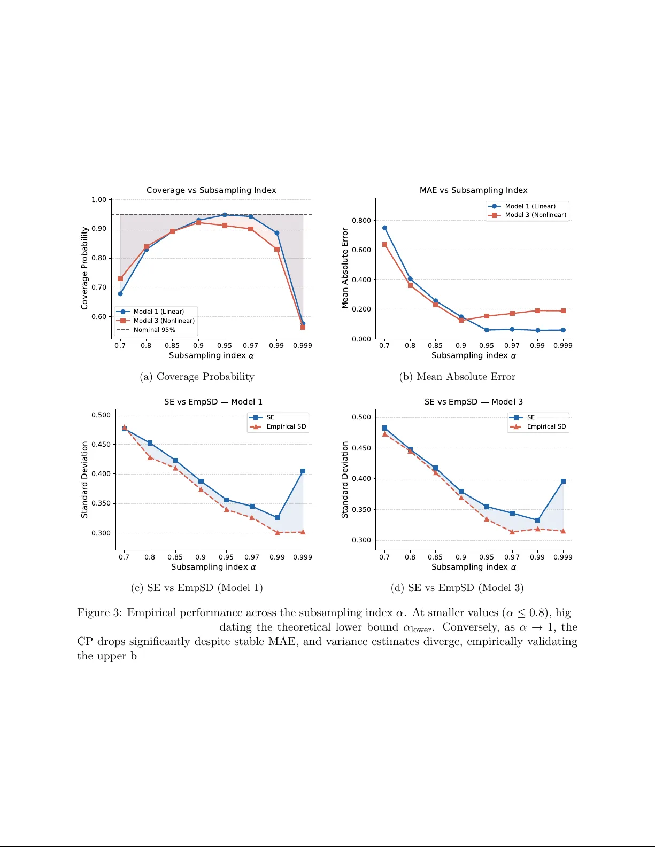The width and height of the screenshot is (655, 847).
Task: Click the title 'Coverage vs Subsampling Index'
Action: click(211, 190)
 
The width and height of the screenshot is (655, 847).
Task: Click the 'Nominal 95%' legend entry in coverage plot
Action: click(154, 330)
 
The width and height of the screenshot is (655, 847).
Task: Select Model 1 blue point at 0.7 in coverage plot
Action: click(120, 293)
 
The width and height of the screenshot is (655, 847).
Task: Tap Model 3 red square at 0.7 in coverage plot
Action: click(120, 278)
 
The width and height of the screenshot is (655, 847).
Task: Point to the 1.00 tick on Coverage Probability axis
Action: click(99, 200)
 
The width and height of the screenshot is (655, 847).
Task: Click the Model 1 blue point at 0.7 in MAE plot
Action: click(384, 228)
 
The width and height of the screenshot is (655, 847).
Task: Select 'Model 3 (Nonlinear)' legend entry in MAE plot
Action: click(535, 215)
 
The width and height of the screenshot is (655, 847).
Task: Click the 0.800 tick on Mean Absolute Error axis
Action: click(361, 220)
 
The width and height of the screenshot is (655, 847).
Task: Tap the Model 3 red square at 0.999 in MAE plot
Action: click(563, 310)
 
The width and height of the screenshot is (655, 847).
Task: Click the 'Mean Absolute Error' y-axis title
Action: click(345, 268)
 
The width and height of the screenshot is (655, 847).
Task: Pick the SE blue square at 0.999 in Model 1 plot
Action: click(303, 471)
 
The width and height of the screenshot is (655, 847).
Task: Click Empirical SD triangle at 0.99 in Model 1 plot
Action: click(277, 533)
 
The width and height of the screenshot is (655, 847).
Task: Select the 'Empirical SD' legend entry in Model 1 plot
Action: click(286, 426)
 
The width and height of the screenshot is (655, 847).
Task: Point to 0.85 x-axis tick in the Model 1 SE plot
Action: click(175, 557)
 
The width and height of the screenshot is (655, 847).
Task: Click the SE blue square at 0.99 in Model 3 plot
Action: click(537, 520)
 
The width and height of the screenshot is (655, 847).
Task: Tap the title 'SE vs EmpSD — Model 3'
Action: click(473, 402)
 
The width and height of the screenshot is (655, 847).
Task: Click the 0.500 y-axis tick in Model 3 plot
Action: click(361, 417)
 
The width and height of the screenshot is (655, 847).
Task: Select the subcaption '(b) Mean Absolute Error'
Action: click(457, 377)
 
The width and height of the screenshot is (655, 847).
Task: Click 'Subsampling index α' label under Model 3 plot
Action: click(474, 567)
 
